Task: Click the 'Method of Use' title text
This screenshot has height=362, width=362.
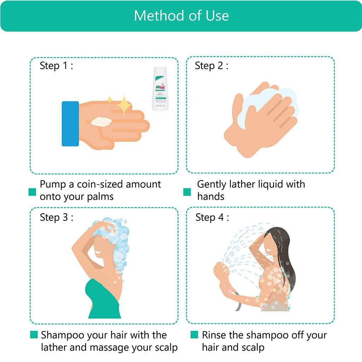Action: (x=181, y=16)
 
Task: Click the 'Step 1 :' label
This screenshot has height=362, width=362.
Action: (x=56, y=66)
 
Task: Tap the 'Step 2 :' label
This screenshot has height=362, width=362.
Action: (x=211, y=66)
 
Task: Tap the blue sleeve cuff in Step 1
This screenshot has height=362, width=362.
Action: (x=70, y=124)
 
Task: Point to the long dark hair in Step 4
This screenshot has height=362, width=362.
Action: (x=285, y=255)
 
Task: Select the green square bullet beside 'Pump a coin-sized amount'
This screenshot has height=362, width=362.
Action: (x=33, y=192)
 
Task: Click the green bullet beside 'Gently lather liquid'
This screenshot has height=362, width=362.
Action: (x=187, y=192)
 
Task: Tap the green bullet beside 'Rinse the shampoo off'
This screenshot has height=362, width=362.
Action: (x=194, y=334)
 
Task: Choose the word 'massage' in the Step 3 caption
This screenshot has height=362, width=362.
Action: (x=107, y=348)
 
